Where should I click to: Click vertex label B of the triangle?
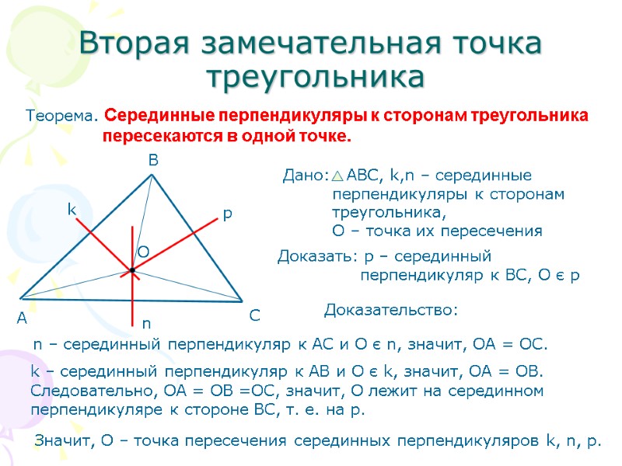(153, 161)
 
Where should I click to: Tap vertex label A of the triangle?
(21, 319)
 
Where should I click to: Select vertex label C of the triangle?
(254, 316)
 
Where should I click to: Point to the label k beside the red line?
(71, 210)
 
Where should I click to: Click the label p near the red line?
(227, 213)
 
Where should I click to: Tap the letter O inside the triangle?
(144, 252)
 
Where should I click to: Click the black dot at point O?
(133, 270)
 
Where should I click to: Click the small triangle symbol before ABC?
(338, 176)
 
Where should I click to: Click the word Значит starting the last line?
(62, 442)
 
